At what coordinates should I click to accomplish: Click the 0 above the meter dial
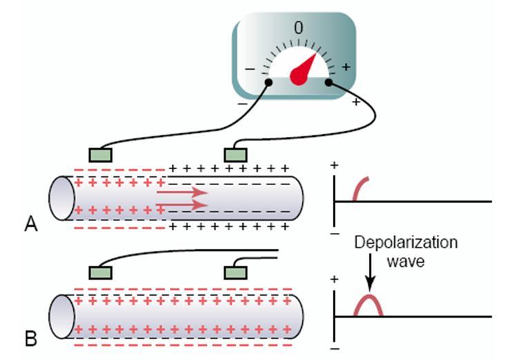pos(298,28)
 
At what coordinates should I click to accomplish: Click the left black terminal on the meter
pos(269,82)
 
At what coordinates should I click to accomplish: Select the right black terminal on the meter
pos(329,82)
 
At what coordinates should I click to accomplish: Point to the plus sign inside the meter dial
pos(346,67)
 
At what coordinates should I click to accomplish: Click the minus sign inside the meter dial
pos(250,69)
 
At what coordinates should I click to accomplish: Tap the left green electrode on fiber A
pos(101,155)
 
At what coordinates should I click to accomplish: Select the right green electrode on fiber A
pos(235,155)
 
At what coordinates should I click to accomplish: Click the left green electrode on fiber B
pos(101,272)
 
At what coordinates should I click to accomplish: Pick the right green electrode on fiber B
pos(235,272)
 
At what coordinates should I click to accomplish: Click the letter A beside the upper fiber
pos(31,224)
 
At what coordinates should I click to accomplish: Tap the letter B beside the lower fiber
pos(31,339)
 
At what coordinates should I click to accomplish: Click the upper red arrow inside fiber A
pos(182,193)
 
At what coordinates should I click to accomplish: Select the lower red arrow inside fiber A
pos(182,205)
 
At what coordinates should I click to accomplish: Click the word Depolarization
pos(406,243)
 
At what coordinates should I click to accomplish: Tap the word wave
pos(405,262)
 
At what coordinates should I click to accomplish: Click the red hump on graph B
pos(368,296)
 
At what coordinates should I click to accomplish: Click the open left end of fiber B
pos(61,316)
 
